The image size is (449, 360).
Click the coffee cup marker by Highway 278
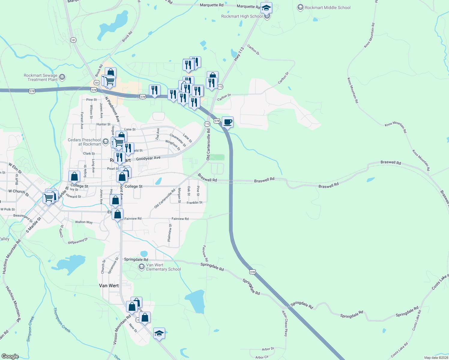click(x=228, y=122)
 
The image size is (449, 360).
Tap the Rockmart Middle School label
click(x=327, y=7)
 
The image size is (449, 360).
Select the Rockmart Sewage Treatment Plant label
click(x=41, y=77)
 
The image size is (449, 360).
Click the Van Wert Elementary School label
click(x=163, y=267)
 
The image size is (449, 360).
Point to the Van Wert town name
click(x=109, y=286)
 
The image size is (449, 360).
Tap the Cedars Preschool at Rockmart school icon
click(x=105, y=142)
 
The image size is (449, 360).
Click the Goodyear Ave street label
click(x=148, y=158)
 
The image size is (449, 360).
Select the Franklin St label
click(x=194, y=203)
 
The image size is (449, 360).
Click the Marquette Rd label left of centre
click(x=212, y=5)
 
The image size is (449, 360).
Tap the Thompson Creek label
click(x=62, y=320)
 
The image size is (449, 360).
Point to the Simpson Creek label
click(x=31, y=329)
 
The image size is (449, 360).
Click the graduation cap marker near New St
click(x=159, y=333)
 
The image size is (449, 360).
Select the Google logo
click(x=10, y=356)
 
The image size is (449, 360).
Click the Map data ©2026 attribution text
click(x=436, y=358)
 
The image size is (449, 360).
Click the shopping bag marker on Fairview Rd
click(x=118, y=214)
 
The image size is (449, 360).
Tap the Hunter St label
click(x=104, y=124)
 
